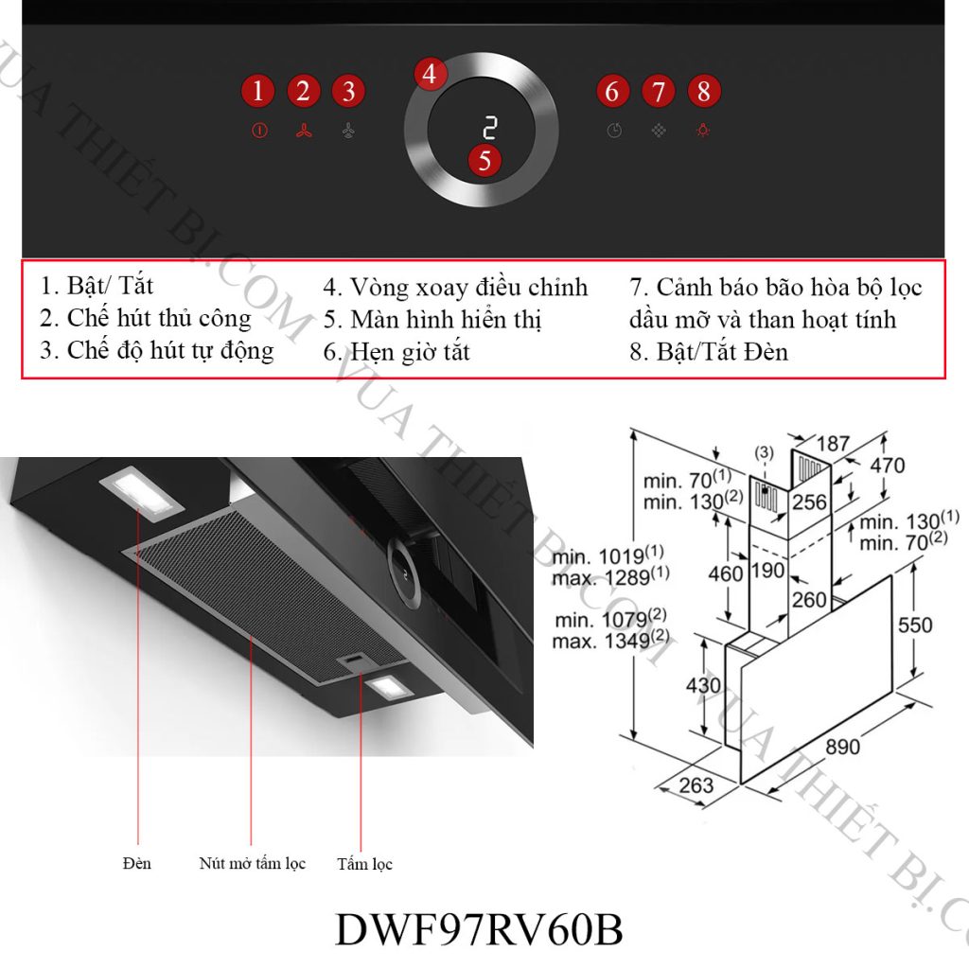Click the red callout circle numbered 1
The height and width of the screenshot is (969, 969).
pos(257,92)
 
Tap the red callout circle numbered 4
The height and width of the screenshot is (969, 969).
pos(431,74)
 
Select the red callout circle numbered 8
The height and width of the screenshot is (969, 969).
pos(703,92)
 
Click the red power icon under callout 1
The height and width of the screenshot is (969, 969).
pos(259,132)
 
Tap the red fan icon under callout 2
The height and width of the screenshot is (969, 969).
pos(303,132)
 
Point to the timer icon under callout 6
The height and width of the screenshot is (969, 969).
pos(614,132)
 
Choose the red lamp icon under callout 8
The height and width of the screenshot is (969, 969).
pos(703,132)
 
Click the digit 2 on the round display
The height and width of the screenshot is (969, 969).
pos(489,128)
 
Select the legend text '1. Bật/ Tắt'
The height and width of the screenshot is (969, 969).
pos(97,285)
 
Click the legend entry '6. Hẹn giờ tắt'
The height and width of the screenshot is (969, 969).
pos(396,352)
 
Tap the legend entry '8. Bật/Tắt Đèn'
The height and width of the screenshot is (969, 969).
pos(709,352)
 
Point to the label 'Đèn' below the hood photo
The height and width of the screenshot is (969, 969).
pos(137,863)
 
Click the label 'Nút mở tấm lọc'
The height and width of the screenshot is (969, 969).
pos(253,863)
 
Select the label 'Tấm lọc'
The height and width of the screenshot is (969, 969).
pos(364,864)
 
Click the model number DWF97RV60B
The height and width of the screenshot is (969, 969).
pos(479,930)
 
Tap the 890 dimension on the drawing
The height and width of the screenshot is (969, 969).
pos(842,747)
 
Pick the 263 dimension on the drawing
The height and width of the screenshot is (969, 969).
pos(696,785)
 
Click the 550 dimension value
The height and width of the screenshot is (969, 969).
pos(914,625)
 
